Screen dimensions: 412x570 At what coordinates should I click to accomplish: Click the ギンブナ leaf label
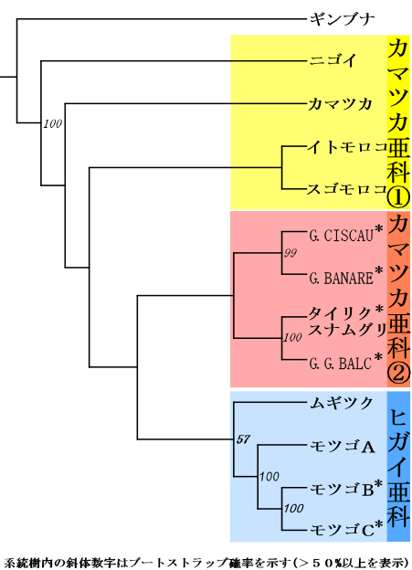pos(342,19)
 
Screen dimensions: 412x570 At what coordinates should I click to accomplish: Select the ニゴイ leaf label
pos(333,60)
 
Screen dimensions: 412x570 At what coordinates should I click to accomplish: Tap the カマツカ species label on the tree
pos(341,104)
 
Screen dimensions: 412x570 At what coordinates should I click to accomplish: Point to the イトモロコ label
pos(347,147)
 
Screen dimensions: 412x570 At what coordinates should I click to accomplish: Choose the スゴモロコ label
pos(347,189)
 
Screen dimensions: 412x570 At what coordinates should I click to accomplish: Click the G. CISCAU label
pos(342,236)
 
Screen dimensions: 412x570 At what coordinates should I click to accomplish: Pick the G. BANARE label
pos(342,279)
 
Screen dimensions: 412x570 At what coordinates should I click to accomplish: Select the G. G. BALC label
pos(341,364)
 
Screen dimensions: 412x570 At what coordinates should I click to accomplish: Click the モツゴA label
pos(343,447)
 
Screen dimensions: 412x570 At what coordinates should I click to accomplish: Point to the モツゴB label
pos(342,490)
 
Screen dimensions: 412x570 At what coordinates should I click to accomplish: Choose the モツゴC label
pos(342,530)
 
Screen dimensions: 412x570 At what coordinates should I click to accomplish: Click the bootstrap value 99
pos(291,253)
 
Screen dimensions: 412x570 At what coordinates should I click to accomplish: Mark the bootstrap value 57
pos(243,439)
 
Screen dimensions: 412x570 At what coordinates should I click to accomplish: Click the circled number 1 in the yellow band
pos(398,197)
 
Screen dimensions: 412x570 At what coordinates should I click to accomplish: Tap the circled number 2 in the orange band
pos(398,374)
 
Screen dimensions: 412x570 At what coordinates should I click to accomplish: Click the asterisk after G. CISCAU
pos(379,229)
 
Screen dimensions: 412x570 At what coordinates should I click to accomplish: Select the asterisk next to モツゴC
pos(379,524)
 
